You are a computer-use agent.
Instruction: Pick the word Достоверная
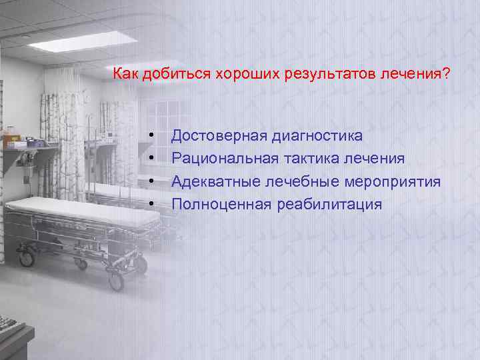coord(218,137)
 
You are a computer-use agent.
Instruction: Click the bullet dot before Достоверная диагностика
coord(153,137)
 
